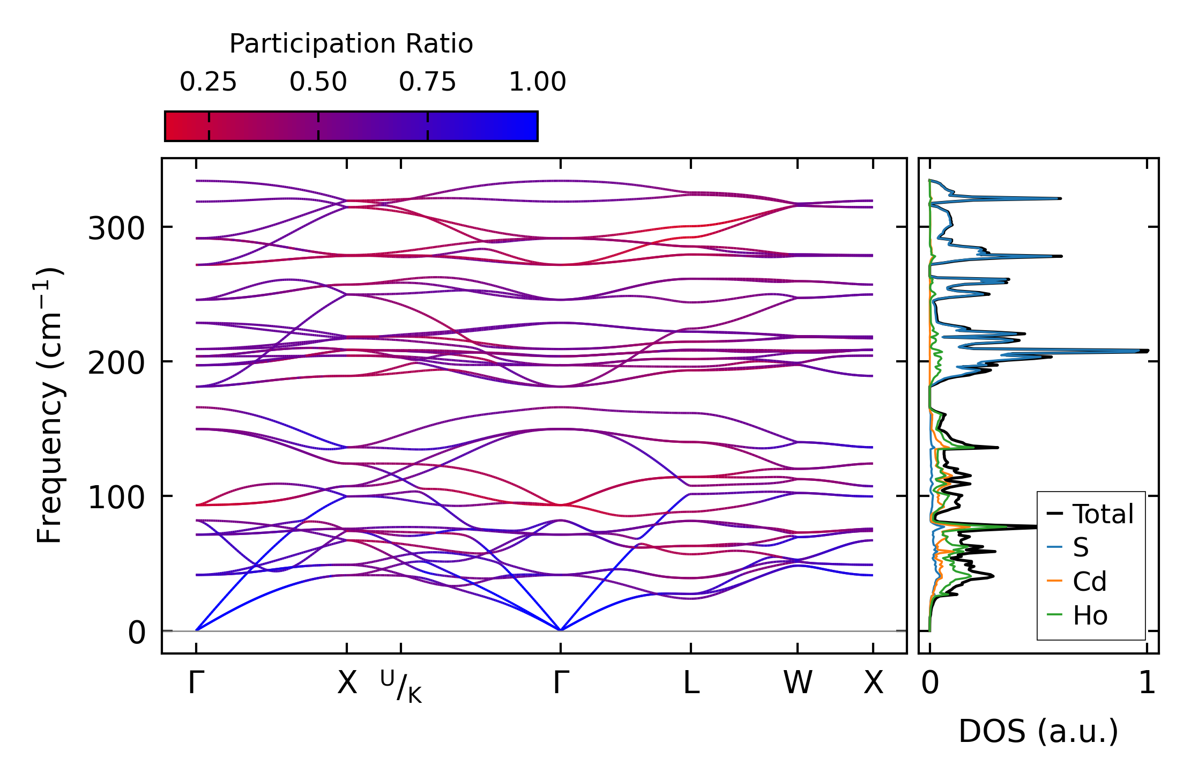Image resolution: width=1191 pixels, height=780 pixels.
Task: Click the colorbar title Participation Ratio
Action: (x=351, y=44)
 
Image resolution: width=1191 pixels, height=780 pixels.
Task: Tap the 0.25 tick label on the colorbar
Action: (x=208, y=82)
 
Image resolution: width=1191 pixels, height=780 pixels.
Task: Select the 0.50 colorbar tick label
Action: (x=318, y=82)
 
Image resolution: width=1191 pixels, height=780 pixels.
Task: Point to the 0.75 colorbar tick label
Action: (x=427, y=82)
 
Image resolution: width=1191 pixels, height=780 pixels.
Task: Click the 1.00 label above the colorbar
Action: (x=537, y=82)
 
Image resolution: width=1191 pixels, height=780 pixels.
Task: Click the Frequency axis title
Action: (x=49, y=405)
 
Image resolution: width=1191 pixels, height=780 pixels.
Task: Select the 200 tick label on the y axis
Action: (x=116, y=363)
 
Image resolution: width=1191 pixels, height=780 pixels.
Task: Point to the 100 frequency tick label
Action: (x=116, y=498)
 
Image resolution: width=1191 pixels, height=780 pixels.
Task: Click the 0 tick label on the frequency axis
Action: (x=137, y=633)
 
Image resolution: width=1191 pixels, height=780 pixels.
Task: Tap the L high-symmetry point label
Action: (x=691, y=683)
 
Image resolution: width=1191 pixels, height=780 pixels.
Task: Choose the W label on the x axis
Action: (x=798, y=683)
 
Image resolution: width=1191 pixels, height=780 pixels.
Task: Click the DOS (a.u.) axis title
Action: (x=1038, y=731)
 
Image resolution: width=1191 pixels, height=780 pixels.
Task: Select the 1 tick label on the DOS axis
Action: (x=1147, y=683)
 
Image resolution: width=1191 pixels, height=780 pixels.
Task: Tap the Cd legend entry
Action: (x=1089, y=582)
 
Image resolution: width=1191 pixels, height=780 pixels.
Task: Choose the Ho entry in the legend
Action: (x=1090, y=615)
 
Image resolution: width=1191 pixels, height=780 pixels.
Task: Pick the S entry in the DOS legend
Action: (x=1081, y=548)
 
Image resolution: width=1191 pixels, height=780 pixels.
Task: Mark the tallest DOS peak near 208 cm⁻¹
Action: (x=1146, y=351)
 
